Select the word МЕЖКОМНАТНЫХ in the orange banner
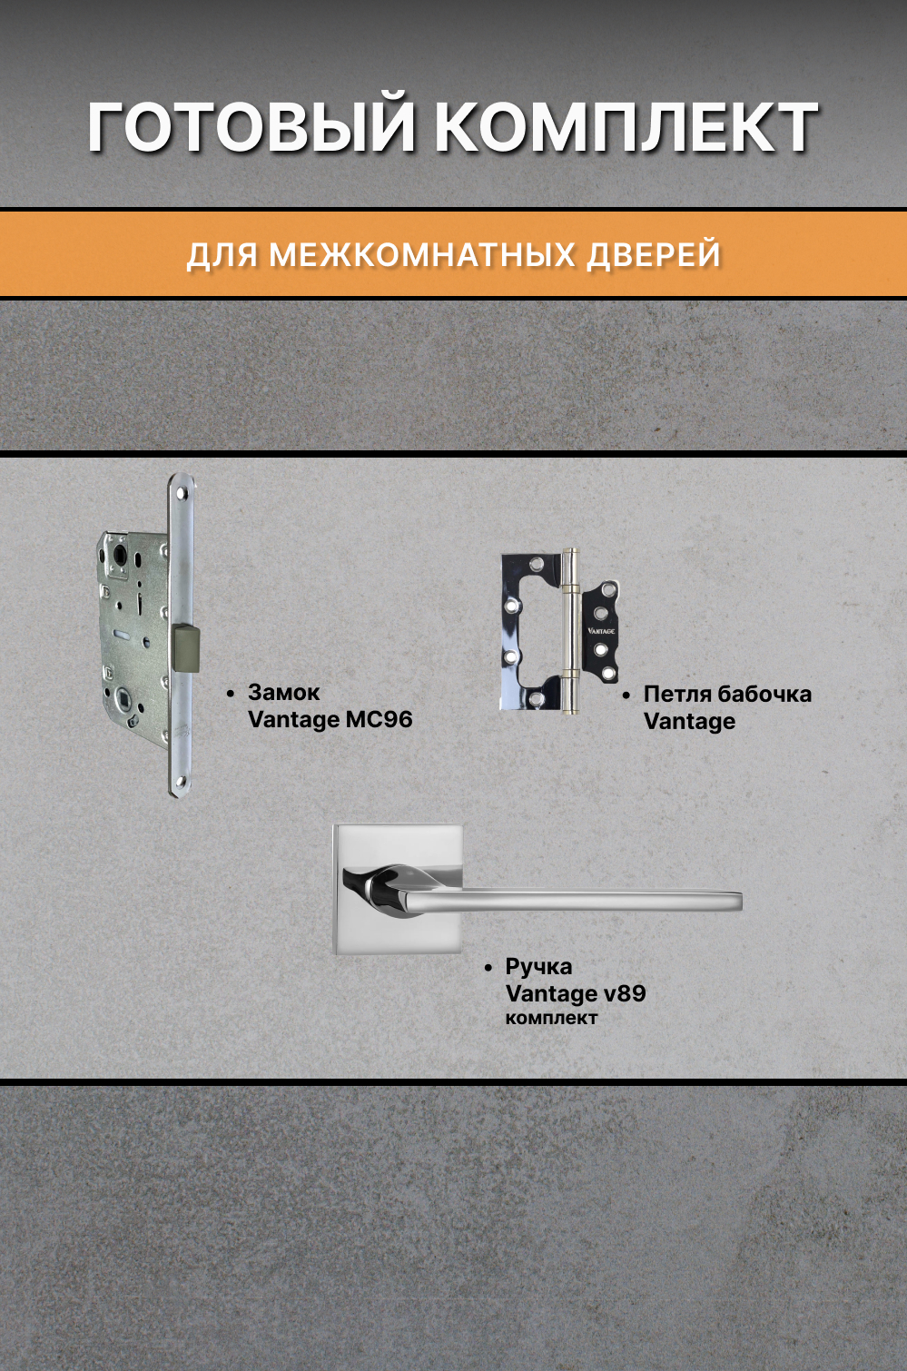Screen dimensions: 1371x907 point(422,255)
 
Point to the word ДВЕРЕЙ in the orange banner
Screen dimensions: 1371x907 point(654,255)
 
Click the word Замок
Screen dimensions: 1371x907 point(283,693)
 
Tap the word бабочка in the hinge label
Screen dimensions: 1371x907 point(764,695)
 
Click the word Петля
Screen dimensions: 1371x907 point(676,695)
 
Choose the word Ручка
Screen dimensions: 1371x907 point(538,967)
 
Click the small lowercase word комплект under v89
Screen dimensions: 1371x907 point(551,1019)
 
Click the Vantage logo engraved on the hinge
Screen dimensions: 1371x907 point(601,630)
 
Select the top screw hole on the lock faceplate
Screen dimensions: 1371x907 point(181,494)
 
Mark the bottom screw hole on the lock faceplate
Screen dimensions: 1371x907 point(181,782)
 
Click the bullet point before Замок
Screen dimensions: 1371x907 point(231,694)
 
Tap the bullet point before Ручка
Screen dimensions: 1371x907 point(488,968)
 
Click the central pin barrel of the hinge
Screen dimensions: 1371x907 point(570,630)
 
